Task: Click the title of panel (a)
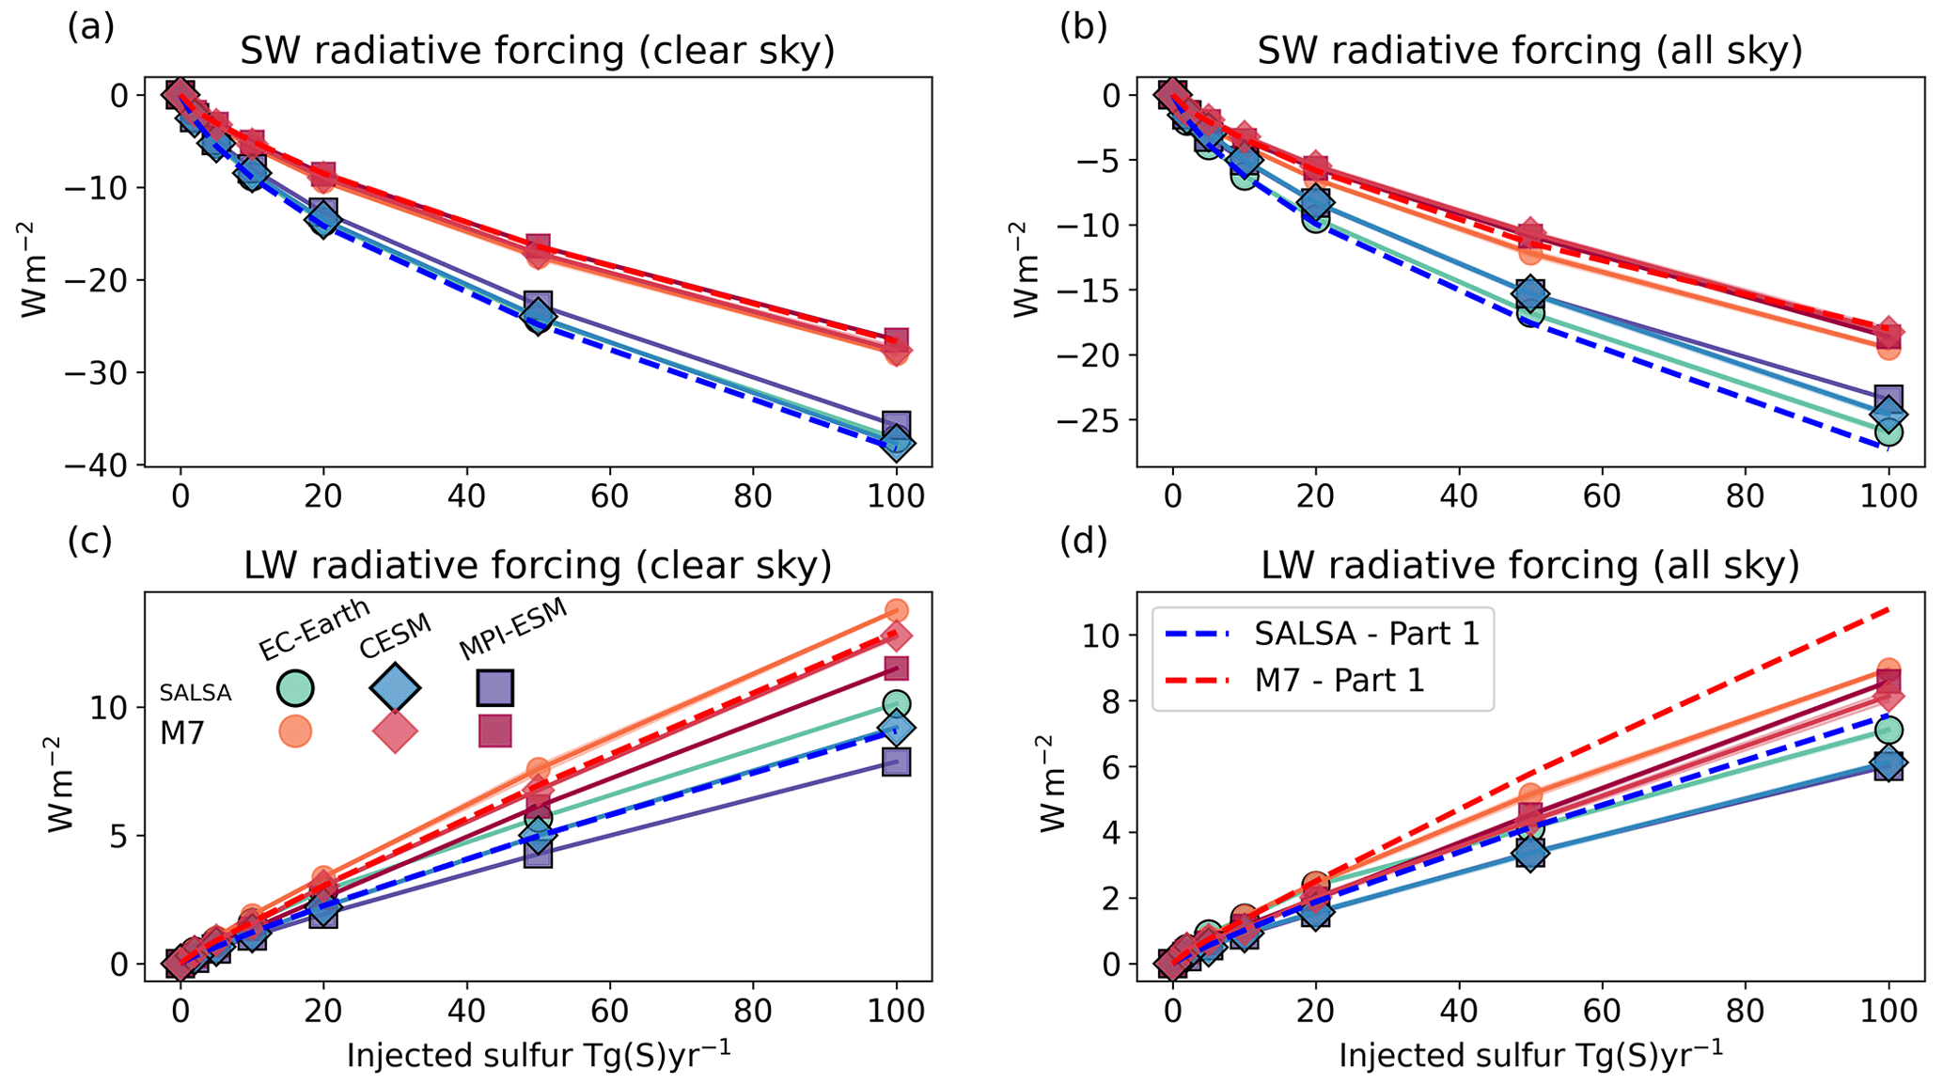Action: click(x=537, y=51)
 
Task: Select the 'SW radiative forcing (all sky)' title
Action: click(x=1529, y=51)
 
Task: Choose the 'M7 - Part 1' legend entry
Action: click(x=1340, y=680)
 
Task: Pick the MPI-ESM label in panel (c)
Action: click(x=513, y=629)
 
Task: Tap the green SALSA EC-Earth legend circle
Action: click(x=295, y=687)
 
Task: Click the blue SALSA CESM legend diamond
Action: click(x=395, y=687)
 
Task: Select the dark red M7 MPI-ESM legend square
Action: click(x=495, y=731)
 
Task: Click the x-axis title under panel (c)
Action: click(x=539, y=1055)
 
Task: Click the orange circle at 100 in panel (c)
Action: click(x=897, y=611)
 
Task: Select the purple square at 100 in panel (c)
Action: click(x=897, y=762)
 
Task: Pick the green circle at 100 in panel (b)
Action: click(x=1888, y=432)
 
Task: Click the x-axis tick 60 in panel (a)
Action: click(x=609, y=495)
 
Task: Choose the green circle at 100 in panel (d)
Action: click(x=1888, y=730)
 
